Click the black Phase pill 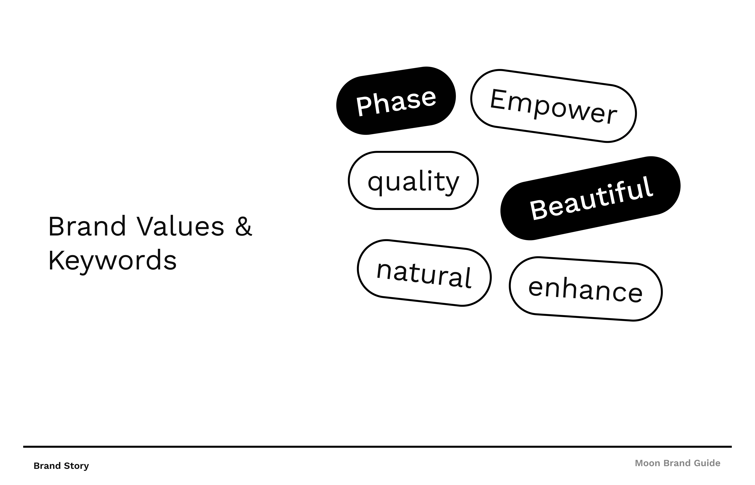pos(396,101)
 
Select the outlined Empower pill pos(553,106)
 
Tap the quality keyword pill pos(413,181)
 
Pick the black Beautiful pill pos(590,198)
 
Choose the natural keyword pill pos(424,273)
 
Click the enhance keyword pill pos(585,289)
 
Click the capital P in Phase pos(363,106)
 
